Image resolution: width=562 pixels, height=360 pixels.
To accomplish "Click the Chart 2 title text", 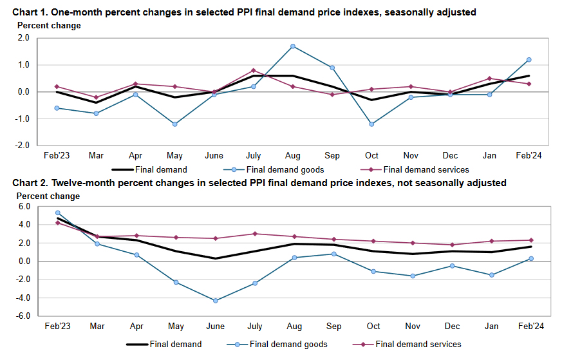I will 259,183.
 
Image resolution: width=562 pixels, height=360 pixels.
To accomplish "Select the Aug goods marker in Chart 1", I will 293,46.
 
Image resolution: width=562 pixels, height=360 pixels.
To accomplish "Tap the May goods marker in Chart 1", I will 174,124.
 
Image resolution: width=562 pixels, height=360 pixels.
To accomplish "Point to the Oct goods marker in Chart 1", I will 371,124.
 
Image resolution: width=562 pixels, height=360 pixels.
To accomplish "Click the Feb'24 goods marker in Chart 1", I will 529,60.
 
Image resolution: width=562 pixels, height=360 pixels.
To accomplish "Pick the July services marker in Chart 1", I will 254,70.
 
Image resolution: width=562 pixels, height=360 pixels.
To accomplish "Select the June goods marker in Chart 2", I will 214,301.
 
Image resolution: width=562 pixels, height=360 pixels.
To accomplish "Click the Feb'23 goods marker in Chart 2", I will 58,213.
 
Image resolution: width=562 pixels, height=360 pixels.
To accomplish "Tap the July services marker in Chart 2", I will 254,234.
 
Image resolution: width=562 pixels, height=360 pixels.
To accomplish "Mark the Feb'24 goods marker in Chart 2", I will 529,258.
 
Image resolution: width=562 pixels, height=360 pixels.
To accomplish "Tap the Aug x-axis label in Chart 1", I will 293,156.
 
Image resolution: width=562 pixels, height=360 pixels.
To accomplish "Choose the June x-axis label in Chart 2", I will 214,327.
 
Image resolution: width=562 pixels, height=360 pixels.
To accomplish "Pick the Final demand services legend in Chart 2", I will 418,345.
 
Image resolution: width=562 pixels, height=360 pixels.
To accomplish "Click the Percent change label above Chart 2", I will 49,196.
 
